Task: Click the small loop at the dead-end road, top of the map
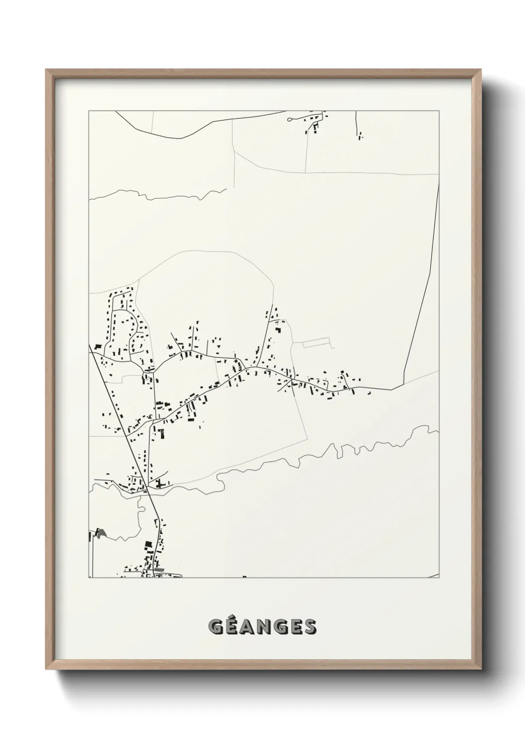click(x=290, y=120)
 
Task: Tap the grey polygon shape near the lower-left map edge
click(x=101, y=533)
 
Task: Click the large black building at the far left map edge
click(x=98, y=346)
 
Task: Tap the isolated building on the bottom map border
click(x=244, y=576)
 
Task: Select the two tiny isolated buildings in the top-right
click(x=360, y=134)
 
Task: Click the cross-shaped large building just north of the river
click(x=159, y=483)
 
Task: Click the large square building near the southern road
click(x=147, y=546)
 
